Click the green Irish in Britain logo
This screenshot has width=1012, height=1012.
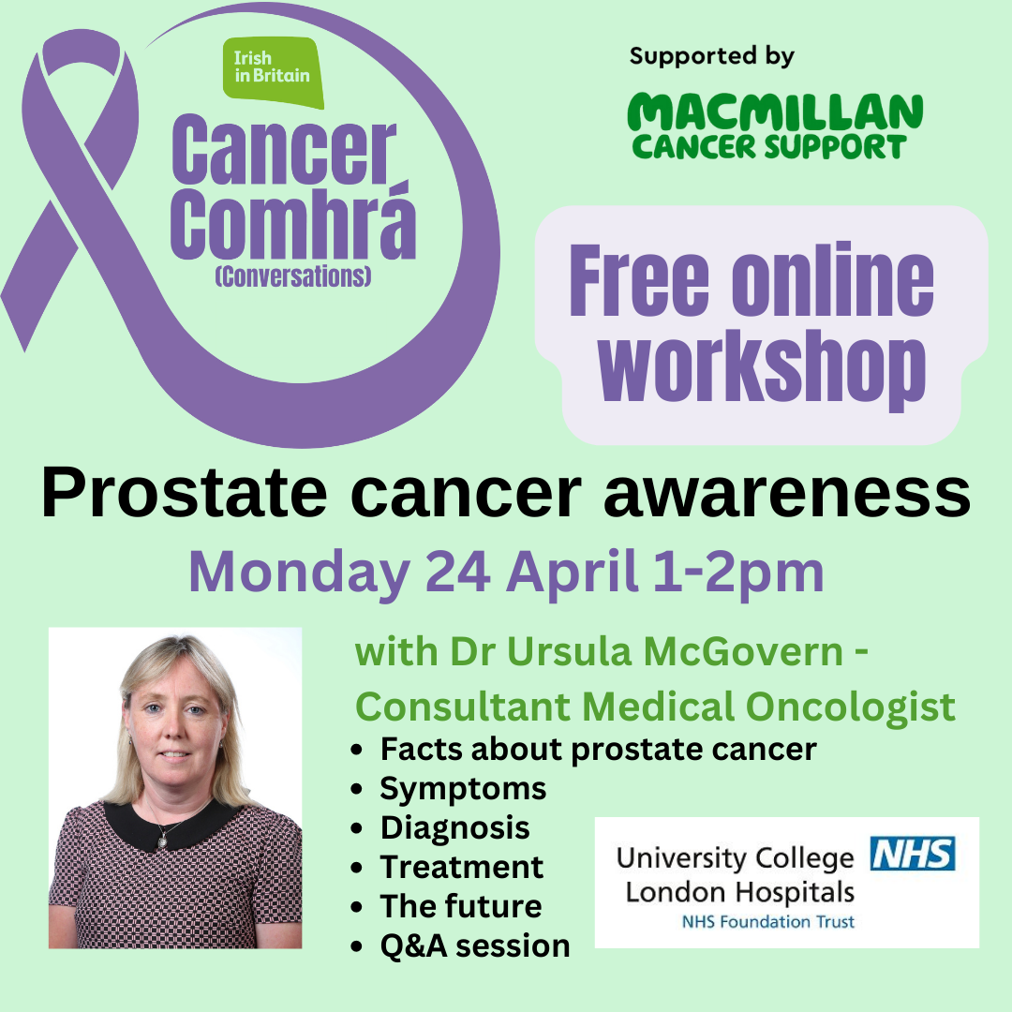[x=273, y=72]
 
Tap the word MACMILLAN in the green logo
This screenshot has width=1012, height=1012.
[x=775, y=112]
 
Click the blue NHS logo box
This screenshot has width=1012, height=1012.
[x=913, y=854]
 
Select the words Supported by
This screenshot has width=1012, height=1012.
[x=712, y=57]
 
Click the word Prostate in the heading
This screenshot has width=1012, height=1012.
[x=185, y=495]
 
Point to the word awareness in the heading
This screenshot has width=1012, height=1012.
[x=787, y=495]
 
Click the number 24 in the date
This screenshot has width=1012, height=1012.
[x=457, y=572]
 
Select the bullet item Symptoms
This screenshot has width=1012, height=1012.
[x=463, y=789]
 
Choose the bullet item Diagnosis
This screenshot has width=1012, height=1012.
[x=455, y=828]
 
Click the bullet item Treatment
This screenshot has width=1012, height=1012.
[x=461, y=867]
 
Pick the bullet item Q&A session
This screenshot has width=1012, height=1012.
[x=475, y=946]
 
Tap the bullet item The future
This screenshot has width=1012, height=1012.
[x=461, y=906]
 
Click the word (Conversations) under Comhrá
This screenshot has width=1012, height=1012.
[x=293, y=276]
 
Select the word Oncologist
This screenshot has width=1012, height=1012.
[x=850, y=708]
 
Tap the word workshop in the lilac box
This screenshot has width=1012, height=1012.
[x=762, y=368]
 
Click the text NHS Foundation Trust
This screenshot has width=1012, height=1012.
[x=768, y=922]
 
